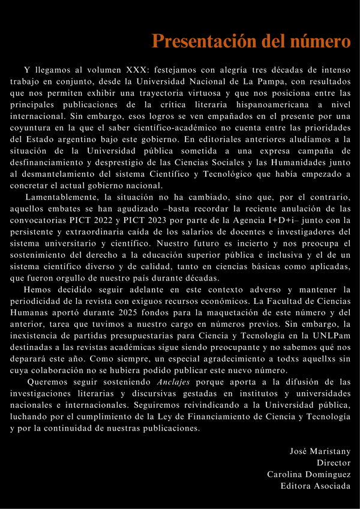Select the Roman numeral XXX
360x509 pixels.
(x=137, y=70)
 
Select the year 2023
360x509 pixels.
(x=162, y=221)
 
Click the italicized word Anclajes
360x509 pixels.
(x=174, y=382)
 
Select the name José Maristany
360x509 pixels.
(x=320, y=451)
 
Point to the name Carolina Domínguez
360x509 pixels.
(x=309, y=474)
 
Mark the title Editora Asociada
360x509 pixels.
(x=316, y=486)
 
